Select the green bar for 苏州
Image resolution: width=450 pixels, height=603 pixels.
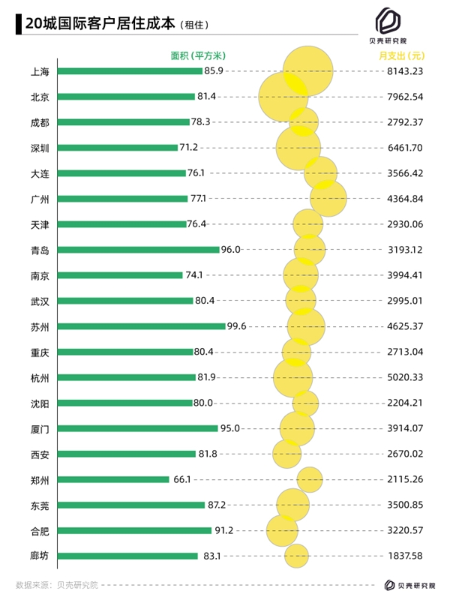tap(141, 326)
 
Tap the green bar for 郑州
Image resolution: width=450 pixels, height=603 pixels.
tap(113, 479)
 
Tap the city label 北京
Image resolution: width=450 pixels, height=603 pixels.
tap(40, 97)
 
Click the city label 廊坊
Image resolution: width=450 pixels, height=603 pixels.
tap(40, 556)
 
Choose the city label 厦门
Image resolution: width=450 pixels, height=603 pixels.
tap(40, 428)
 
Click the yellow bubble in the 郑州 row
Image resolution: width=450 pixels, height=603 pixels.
tap(310, 479)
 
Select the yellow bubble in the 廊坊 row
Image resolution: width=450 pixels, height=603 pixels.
tap(296, 556)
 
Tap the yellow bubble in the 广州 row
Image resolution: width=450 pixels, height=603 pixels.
tap(328, 199)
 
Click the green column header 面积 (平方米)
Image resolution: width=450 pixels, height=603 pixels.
tap(193, 55)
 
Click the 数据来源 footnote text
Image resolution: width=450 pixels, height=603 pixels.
tap(57, 584)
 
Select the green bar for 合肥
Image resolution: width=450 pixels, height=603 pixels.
tap(134, 530)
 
